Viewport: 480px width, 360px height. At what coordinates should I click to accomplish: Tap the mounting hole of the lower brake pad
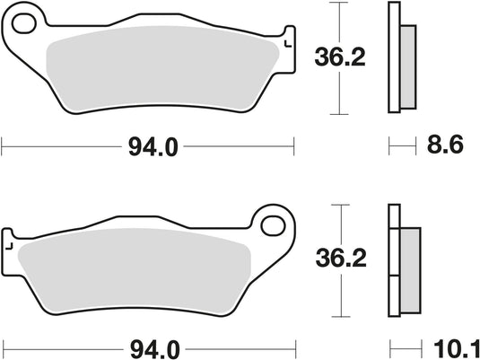tap(271, 222)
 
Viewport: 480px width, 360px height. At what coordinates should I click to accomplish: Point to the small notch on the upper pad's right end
tap(287, 42)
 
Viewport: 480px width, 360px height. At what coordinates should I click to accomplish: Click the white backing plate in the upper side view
tap(392, 59)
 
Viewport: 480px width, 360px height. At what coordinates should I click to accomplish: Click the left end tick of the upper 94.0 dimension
tap(4, 142)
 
